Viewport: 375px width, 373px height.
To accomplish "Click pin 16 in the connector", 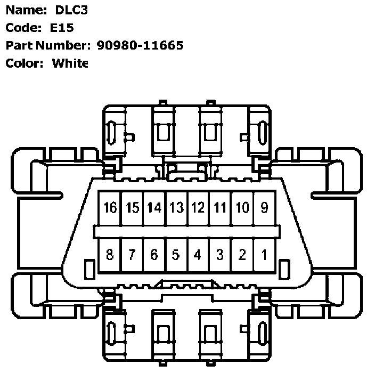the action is point(110,208).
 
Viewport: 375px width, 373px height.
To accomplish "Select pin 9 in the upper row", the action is point(264,208).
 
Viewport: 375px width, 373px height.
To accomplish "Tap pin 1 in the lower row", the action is point(264,255).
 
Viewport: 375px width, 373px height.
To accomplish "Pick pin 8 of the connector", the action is point(110,255).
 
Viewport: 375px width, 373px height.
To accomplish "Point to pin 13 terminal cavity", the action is point(176,208).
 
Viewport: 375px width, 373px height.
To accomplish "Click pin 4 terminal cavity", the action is point(198,255).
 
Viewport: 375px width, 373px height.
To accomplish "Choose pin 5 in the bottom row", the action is point(176,255).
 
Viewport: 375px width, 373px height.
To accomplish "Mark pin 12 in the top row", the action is point(198,208).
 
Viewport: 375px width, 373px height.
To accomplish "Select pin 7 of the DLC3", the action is point(132,255).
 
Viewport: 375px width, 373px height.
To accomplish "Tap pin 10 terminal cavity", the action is point(242,208).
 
